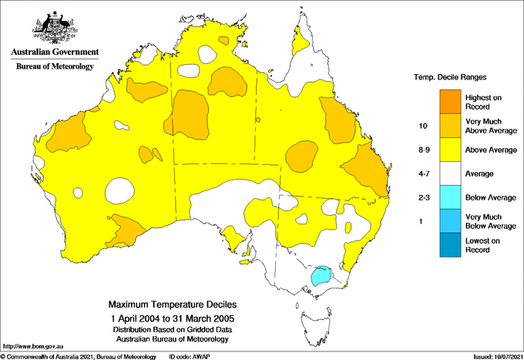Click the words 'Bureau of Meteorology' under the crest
(x=55, y=67)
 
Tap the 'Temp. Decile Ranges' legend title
(x=452, y=78)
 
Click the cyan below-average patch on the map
(x=321, y=274)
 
